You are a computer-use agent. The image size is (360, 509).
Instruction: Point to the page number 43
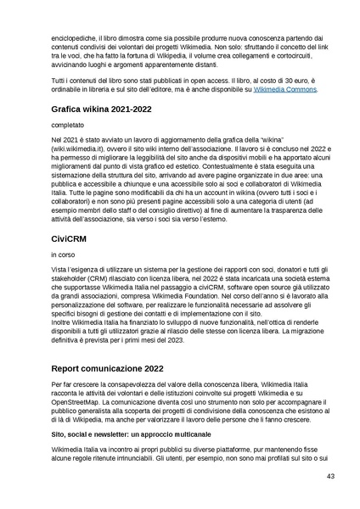click(x=330, y=477)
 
